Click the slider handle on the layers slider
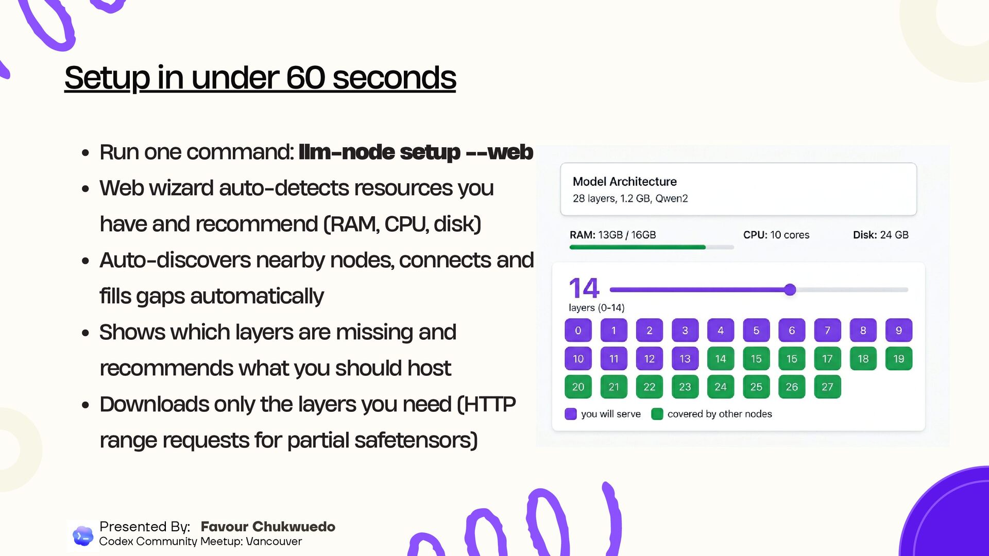tap(790, 290)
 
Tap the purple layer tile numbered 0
tap(578, 331)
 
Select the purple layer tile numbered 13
tap(685, 359)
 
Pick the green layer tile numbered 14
tap(720, 359)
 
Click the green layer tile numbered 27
tap(827, 387)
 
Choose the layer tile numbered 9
tap(898, 331)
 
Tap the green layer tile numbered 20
tap(578, 387)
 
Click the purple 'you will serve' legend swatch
tap(571, 414)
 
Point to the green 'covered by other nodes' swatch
tap(657, 414)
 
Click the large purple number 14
tap(584, 288)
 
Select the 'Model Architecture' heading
tap(624, 182)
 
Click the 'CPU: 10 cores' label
tap(776, 235)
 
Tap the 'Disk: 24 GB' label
tap(880, 235)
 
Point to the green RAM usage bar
tap(637, 247)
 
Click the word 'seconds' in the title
tap(394, 78)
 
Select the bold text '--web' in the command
tap(500, 152)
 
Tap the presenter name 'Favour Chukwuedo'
tap(268, 527)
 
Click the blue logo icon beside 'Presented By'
tap(82, 536)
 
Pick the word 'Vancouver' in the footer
tap(274, 542)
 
